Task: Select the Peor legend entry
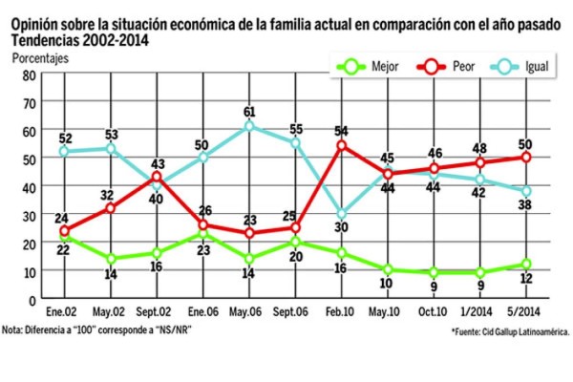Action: [x=450, y=67]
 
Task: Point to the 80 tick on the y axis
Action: [x=29, y=75]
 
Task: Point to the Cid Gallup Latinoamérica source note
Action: [x=510, y=331]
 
